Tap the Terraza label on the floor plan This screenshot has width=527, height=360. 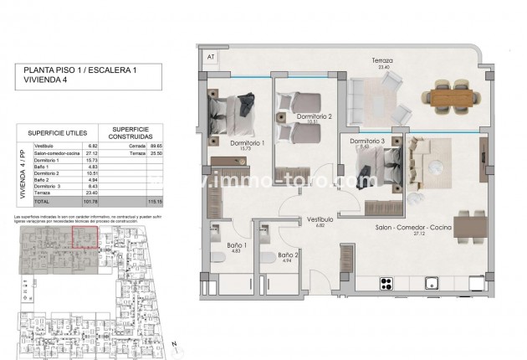(x=383, y=60)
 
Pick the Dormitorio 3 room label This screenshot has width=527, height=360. (x=366, y=141)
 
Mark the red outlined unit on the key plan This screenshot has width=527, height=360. (x=84, y=237)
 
